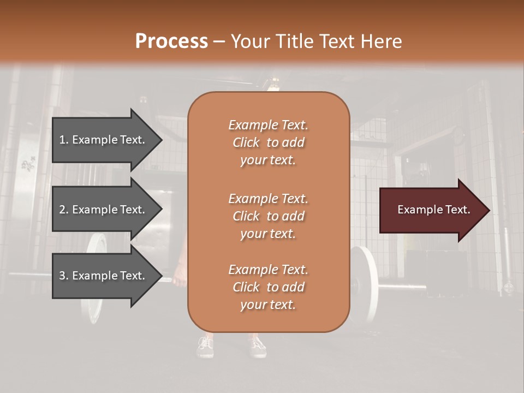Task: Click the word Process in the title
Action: [x=171, y=41]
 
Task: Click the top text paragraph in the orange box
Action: [x=268, y=142]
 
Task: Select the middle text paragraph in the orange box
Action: [x=268, y=216]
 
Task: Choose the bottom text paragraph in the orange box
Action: [x=268, y=287]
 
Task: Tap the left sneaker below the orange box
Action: [x=205, y=347]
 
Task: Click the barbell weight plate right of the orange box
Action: [x=366, y=284]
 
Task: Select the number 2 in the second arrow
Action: [x=63, y=210]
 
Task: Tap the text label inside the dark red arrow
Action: [x=434, y=210]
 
